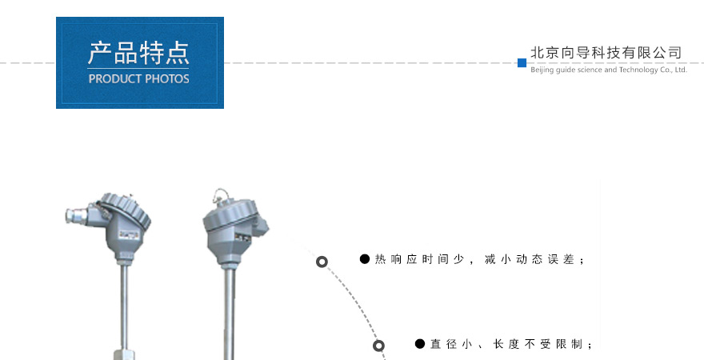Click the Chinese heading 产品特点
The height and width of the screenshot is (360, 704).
[x=138, y=54]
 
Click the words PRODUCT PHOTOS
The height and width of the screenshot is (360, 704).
[x=138, y=79]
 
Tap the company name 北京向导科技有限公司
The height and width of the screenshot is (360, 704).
[x=606, y=53]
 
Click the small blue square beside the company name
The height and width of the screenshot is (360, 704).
[x=522, y=63]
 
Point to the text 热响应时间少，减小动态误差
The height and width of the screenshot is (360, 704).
[x=479, y=259]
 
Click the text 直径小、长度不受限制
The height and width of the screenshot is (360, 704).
[x=511, y=344]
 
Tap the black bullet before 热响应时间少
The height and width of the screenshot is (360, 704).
[x=365, y=259]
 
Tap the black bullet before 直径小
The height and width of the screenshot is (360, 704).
[x=420, y=344]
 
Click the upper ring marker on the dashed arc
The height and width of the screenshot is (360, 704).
[x=322, y=262]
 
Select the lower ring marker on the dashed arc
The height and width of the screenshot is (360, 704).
[x=379, y=346]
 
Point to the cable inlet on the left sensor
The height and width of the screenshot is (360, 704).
[x=76, y=216]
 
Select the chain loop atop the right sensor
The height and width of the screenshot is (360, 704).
[x=221, y=195]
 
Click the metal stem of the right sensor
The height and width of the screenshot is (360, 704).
[x=230, y=314]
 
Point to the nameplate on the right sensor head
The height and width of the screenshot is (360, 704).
[x=242, y=238]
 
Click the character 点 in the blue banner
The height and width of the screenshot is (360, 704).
[x=178, y=54]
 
